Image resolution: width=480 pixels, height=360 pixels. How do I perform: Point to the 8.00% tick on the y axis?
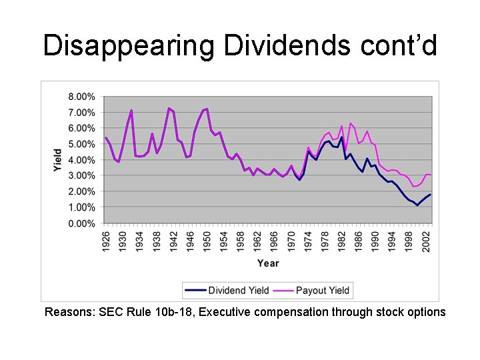coord(81,97)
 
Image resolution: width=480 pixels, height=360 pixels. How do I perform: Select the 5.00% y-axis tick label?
coord(81,144)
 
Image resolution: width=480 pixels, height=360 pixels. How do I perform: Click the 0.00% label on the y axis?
coord(81,223)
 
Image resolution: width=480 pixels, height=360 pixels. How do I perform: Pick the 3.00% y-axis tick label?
coord(81,176)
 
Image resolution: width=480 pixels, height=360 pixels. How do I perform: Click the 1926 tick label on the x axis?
coord(106,241)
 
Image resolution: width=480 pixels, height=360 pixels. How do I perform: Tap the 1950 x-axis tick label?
coord(207,241)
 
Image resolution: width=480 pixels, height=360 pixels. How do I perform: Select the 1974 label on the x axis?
coord(308,241)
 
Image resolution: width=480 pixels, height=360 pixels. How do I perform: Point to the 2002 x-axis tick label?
coord(426,241)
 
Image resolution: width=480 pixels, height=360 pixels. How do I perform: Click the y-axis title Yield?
coord(58,160)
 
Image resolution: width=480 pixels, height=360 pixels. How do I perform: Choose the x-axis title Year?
coord(268,263)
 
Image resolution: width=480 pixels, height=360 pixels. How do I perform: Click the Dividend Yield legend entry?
coord(227,290)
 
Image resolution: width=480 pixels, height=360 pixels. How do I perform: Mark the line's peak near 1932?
coord(131,111)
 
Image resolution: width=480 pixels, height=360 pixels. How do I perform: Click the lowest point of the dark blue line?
coord(417,205)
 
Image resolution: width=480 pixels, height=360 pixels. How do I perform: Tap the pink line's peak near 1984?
coord(350,123)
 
